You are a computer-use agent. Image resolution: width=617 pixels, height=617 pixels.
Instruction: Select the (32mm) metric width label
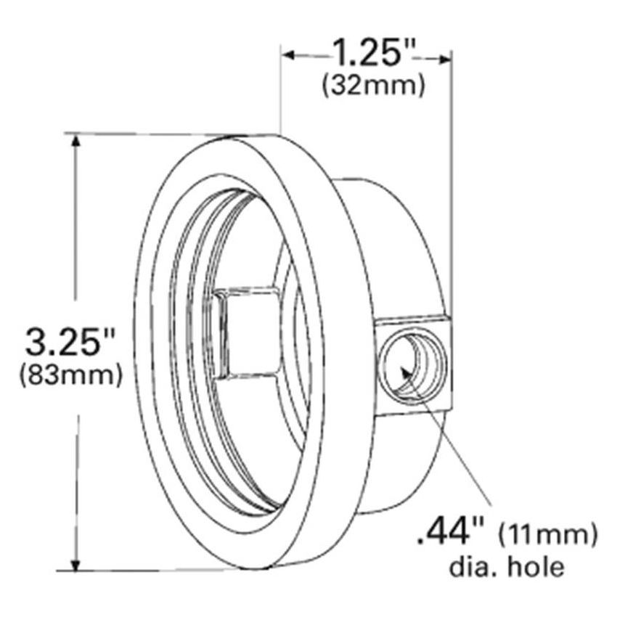(372, 86)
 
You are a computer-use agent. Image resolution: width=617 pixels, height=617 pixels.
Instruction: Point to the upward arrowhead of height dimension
(75, 141)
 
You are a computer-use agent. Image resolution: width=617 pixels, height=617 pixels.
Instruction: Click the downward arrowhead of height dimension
(75, 563)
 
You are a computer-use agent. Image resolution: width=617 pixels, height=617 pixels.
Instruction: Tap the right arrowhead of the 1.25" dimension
(444, 57)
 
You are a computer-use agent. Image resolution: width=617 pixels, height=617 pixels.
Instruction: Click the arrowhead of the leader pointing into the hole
(406, 375)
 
